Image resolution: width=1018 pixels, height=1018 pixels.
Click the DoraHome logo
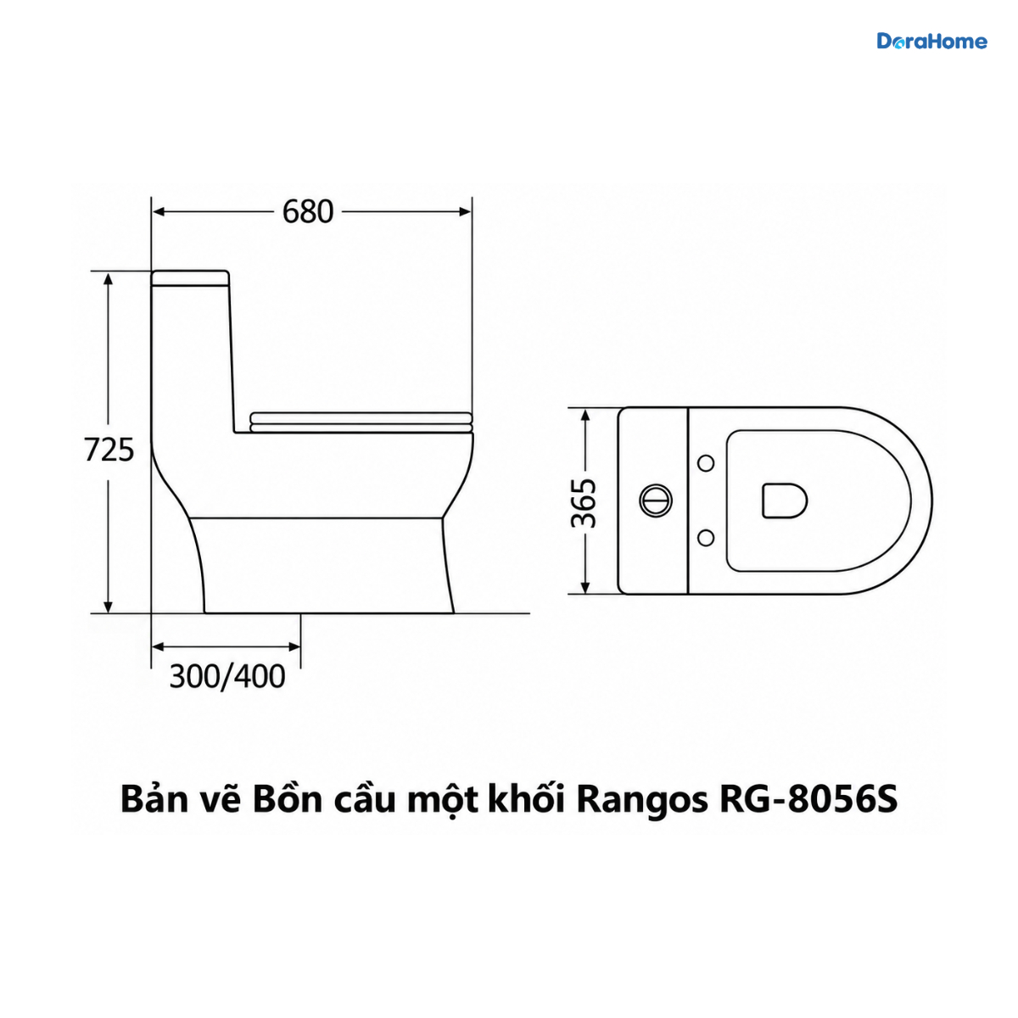pos(931,42)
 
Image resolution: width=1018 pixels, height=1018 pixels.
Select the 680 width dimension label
pos(308,212)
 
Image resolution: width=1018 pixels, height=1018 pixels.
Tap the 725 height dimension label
pos(109,450)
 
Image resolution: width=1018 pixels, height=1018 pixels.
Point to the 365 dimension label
pos(584,503)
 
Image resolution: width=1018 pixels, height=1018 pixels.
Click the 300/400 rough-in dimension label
pos(227,676)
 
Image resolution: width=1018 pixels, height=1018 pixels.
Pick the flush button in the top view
pos(656,500)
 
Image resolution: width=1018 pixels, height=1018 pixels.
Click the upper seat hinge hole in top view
pos(707,463)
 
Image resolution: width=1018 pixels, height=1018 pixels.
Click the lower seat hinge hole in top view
pos(707,538)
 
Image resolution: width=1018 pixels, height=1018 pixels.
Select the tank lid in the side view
pos(191,278)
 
